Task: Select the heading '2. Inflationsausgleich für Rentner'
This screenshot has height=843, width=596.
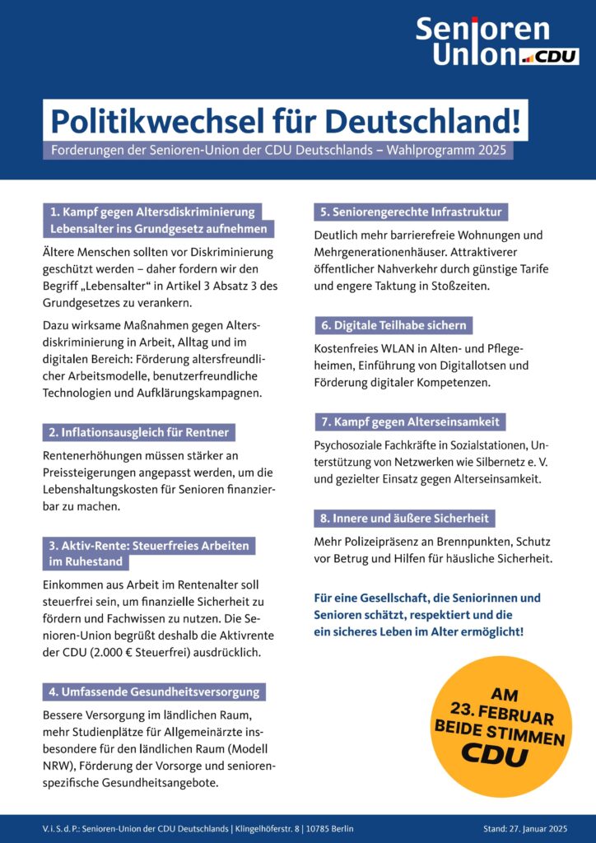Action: point(139,432)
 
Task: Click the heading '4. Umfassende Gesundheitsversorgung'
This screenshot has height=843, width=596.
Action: point(154,692)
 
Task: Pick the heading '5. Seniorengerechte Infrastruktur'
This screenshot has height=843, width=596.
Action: point(410,212)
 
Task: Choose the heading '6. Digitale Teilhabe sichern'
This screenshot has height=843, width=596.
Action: point(393,325)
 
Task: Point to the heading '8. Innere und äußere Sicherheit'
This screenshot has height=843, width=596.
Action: point(405,519)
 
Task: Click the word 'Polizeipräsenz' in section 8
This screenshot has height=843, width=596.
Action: point(384,542)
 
